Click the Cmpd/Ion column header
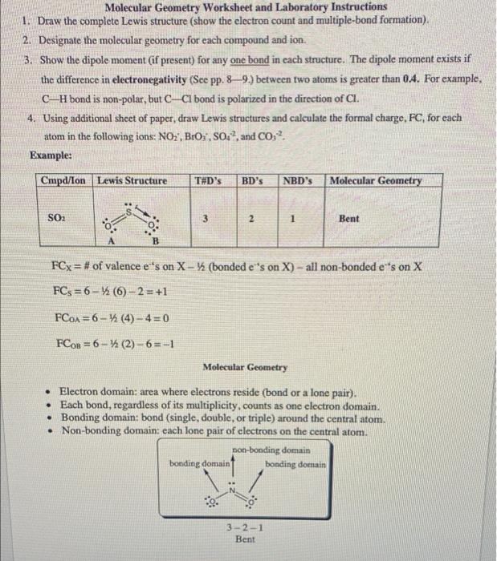(66, 180)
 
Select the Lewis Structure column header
(132, 180)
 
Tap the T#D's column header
(209, 180)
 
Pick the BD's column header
(253, 180)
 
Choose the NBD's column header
(297, 180)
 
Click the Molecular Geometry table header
(375, 180)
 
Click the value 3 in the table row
(208, 217)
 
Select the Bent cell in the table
(348, 217)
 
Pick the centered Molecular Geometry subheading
(245, 366)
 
